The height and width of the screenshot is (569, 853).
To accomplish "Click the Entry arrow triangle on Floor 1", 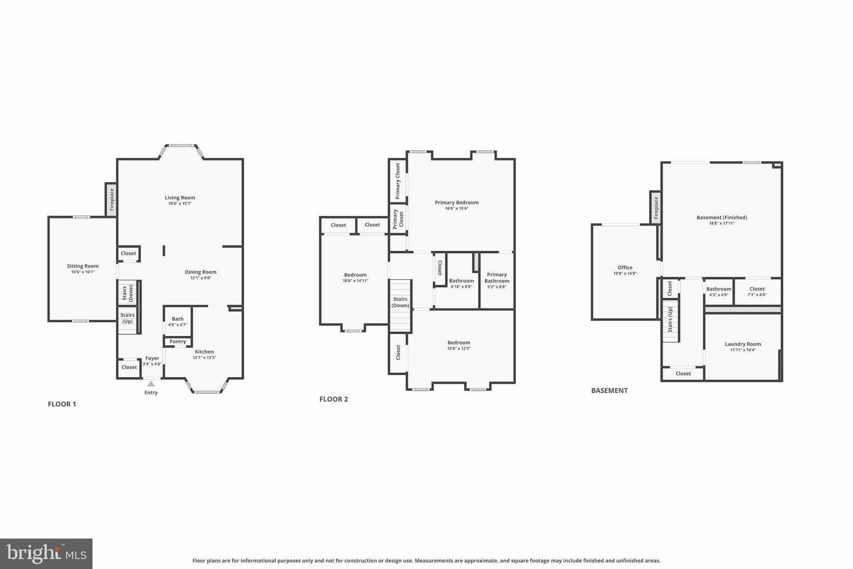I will pos(151,384).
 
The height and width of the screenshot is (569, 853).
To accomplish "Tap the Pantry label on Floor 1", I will pos(178,341).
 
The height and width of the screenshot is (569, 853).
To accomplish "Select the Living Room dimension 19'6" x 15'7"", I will pos(180,204).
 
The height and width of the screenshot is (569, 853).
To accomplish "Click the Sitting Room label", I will pos(83,266).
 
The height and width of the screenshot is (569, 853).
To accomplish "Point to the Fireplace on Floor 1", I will pos(111,200).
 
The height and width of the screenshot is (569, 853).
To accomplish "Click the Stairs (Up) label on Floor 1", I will pos(127,318).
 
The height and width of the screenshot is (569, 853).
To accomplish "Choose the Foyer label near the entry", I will pos(152,358).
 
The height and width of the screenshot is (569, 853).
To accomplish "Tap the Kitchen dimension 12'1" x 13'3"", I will pos(204,358).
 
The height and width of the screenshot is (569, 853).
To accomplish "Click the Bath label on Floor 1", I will pos(178,319).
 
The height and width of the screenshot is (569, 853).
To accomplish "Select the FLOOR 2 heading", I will pos(334,399).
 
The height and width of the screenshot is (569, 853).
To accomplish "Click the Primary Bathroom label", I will pos(497,278).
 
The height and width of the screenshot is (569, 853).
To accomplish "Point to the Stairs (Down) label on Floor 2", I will pos(400,302).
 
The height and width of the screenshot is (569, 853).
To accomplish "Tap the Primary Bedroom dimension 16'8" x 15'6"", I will pos(456,208).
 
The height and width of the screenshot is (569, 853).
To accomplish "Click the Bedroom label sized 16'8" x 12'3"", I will pos(459,343).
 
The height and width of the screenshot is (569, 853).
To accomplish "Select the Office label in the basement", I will pos(625,268).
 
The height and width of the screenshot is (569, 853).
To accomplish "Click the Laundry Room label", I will pos(743,344).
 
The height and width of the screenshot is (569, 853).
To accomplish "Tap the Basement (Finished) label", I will pos(722,217).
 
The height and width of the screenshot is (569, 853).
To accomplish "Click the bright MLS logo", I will pos(46,554).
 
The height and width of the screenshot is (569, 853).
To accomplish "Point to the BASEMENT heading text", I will pos(609,391).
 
